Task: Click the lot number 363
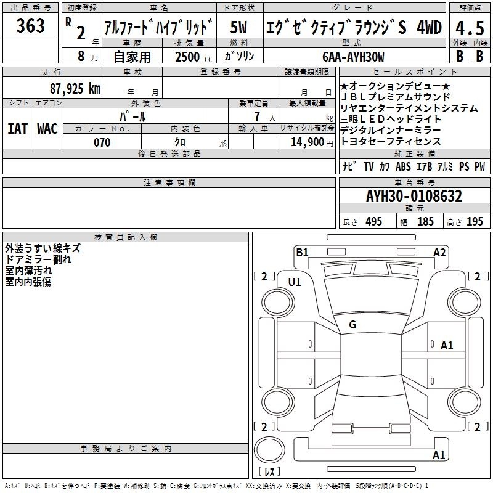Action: click(x=30, y=25)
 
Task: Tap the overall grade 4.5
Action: click(x=470, y=28)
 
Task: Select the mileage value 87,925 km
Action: click(x=75, y=88)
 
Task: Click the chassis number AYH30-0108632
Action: click(x=414, y=196)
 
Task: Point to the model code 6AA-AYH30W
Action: click(x=353, y=57)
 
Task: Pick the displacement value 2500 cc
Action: click(x=194, y=57)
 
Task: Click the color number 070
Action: click(x=102, y=142)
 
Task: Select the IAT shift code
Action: click(x=18, y=129)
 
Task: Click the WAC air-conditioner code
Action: click(x=47, y=129)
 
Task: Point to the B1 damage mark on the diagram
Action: click(x=302, y=252)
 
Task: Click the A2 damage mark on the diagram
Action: click(x=439, y=253)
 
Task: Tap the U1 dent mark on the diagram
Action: click(x=295, y=282)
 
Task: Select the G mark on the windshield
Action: click(x=352, y=325)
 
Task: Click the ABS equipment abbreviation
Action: click(x=403, y=166)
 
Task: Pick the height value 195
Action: click(x=475, y=221)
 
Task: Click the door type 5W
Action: click(x=238, y=27)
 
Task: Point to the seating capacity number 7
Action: click(x=257, y=116)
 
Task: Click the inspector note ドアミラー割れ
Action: click(x=38, y=259)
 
